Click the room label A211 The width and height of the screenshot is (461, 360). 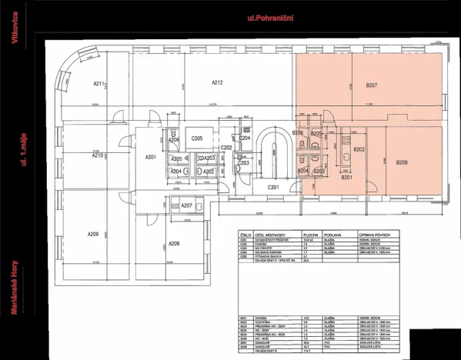click(99, 84)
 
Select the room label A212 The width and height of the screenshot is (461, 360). click(217, 82)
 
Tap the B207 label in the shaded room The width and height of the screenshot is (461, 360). click(371, 84)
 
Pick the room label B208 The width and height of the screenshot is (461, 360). click(401, 162)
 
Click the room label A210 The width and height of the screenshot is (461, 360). click(98, 155)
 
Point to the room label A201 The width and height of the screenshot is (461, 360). click(151, 158)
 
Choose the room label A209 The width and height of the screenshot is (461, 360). click(92, 234)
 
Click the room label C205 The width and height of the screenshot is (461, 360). click(197, 138)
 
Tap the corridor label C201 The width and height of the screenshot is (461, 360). click(272, 187)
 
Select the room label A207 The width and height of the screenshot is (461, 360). click(185, 205)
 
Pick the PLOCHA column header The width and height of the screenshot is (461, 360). click(310, 235)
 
